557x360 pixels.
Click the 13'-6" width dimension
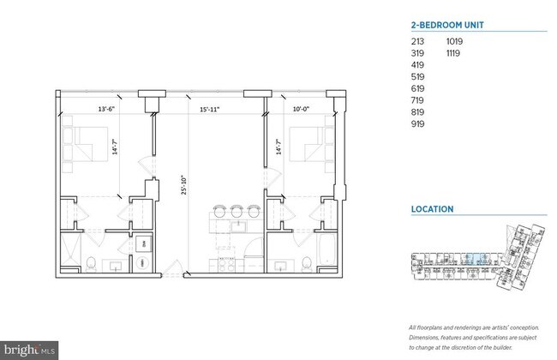tap(106, 109)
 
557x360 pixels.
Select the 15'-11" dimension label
tap(210, 109)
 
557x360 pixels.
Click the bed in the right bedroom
tap(308, 141)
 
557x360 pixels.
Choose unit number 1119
tap(455, 52)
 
